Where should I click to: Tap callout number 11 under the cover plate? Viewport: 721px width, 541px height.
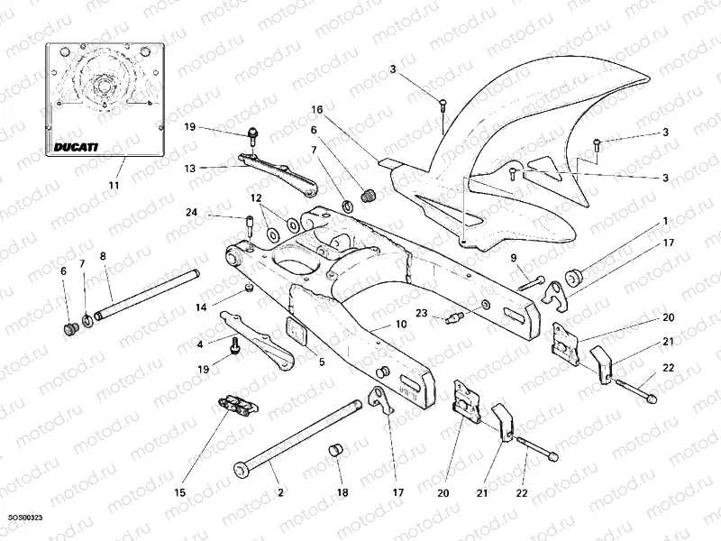[114, 186]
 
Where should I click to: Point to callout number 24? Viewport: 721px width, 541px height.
[191, 214]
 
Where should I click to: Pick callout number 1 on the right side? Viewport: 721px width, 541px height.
[665, 220]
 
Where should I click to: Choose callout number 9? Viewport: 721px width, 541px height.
[513, 258]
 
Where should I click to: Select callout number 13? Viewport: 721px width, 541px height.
[190, 168]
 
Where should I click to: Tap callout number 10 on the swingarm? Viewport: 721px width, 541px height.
[402, 325]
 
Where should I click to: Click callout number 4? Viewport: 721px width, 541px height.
[199, 343]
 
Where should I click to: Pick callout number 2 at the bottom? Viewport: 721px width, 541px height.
[280, 492]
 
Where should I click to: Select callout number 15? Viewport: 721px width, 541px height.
[179, 492]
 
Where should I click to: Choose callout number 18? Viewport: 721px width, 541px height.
[342, 492]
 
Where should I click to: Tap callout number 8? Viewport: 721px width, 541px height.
[102, 255]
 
